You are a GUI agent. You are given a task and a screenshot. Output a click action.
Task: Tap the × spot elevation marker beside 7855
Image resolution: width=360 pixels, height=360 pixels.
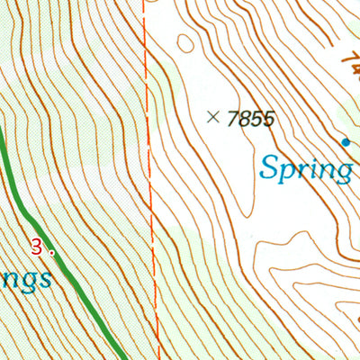(213, 116)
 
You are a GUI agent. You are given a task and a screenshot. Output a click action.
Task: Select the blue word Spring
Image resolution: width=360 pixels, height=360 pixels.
(306, 168)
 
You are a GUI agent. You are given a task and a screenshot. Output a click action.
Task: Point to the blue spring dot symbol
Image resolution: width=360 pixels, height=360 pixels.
(345, 142)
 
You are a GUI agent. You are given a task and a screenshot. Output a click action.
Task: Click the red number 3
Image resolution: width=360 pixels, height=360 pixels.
(36, 245)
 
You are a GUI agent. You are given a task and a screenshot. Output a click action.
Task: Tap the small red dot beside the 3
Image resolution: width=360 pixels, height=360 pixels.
(51, 253)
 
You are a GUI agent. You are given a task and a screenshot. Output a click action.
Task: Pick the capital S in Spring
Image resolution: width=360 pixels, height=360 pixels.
(267, 166)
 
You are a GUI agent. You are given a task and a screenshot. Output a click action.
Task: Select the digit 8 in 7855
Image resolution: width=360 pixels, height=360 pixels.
(244, 118)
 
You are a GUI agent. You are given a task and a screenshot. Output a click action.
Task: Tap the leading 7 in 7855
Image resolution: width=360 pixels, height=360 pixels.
(233, 118)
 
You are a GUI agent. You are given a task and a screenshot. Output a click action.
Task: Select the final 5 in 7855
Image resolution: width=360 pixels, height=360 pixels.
(267, 118)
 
